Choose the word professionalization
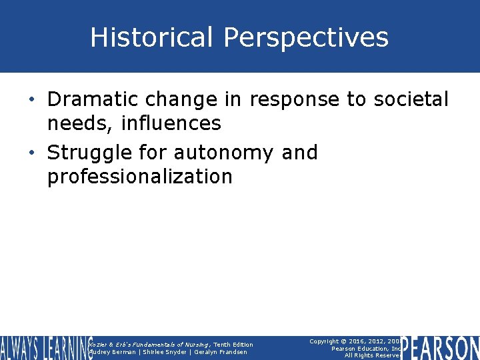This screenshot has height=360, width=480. (x=140, y=177)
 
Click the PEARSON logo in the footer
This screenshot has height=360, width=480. (x=440, y=348)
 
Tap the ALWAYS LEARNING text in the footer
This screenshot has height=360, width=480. (x=45, y=348)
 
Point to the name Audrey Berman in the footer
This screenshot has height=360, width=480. (x=111, y=352)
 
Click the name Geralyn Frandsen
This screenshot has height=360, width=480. (x=219, y=352)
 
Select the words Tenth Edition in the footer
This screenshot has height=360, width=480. (x=233, y=345)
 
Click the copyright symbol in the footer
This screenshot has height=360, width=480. (x=349, y=341)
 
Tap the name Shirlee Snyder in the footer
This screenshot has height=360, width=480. (x=163, y=352)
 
